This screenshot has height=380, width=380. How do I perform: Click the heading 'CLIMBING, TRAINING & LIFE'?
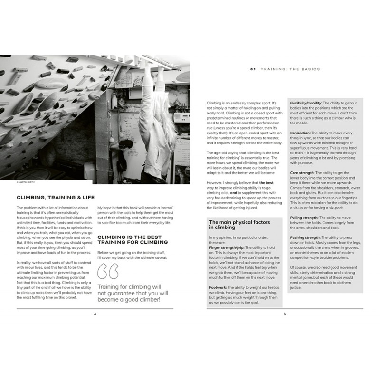coord(55,197)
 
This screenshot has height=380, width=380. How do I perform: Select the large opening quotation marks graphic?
coord(108,272)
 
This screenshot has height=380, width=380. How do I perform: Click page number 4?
coord(95,314)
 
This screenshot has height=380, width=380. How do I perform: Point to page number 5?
coord(285,314)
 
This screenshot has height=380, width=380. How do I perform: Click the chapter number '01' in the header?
coord(253,69)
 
